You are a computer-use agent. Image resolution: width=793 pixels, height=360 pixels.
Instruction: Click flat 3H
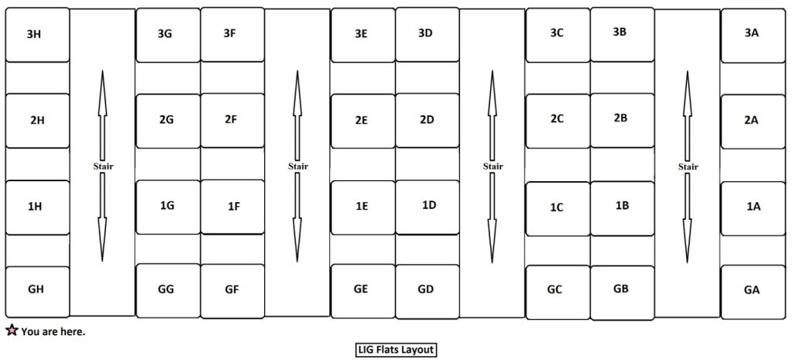pyautogui.click(x=36, y=35)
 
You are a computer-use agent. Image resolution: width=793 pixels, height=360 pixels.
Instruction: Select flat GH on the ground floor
pyautogui.click(x=36, y=290)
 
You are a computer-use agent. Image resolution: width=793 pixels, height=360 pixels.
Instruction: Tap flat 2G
pyautogui.click(x=166, y=120)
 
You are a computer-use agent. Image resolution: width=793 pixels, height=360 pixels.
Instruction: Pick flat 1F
pyautogui.click(x=232, y=206)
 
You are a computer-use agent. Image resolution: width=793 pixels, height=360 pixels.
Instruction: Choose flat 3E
pyautogui.click(x=362, y=35)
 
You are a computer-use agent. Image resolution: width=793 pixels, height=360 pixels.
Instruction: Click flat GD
pyautogui.click(x=426, y=290)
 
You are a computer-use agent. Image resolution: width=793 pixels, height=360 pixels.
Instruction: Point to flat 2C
pyautogui.click(x=557, y=119)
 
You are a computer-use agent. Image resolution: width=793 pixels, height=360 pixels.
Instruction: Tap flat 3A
pyautogui.click(x=751, y=34)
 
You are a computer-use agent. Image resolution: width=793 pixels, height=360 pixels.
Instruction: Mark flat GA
pyautogui.click(x=751, y=291)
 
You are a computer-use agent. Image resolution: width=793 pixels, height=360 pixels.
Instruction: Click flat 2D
pyautogui.click(x=426, y=120)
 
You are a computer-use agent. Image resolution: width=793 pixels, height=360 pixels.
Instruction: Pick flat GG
pyautogui.click(x=166, y=290)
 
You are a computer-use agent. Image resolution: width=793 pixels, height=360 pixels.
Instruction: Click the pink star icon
pyautogui.click(x=12, y=331)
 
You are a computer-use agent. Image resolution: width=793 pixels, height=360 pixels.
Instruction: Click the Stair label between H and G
pyautogui.click(x=102, y=166)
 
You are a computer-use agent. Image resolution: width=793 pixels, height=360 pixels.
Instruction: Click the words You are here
pyautogui.click(x=53, y=332)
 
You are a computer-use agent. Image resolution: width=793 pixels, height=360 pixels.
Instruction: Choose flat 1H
pyautogui.click(x=36, y=206)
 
